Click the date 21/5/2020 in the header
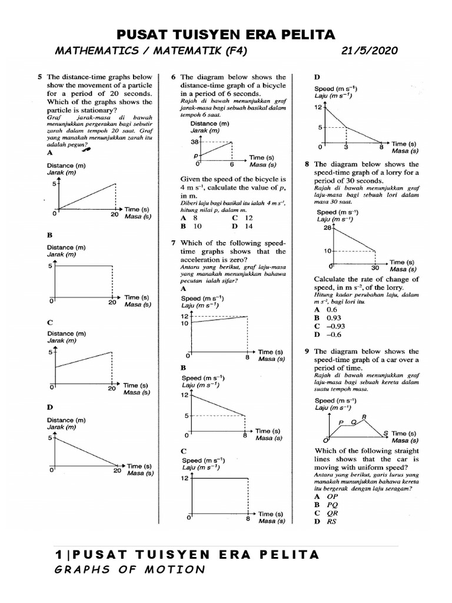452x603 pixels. (x=369, y=51)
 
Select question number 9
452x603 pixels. (x=307, y=351)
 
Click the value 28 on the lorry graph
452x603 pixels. (x=328, y=230)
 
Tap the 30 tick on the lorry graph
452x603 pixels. (x=375, y=267)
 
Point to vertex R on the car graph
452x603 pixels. (x=364, y=418)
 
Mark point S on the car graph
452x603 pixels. (x=385, y=433)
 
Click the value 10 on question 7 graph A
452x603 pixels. (x=184, y=323)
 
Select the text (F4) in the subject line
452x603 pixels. (x=232, y=51)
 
